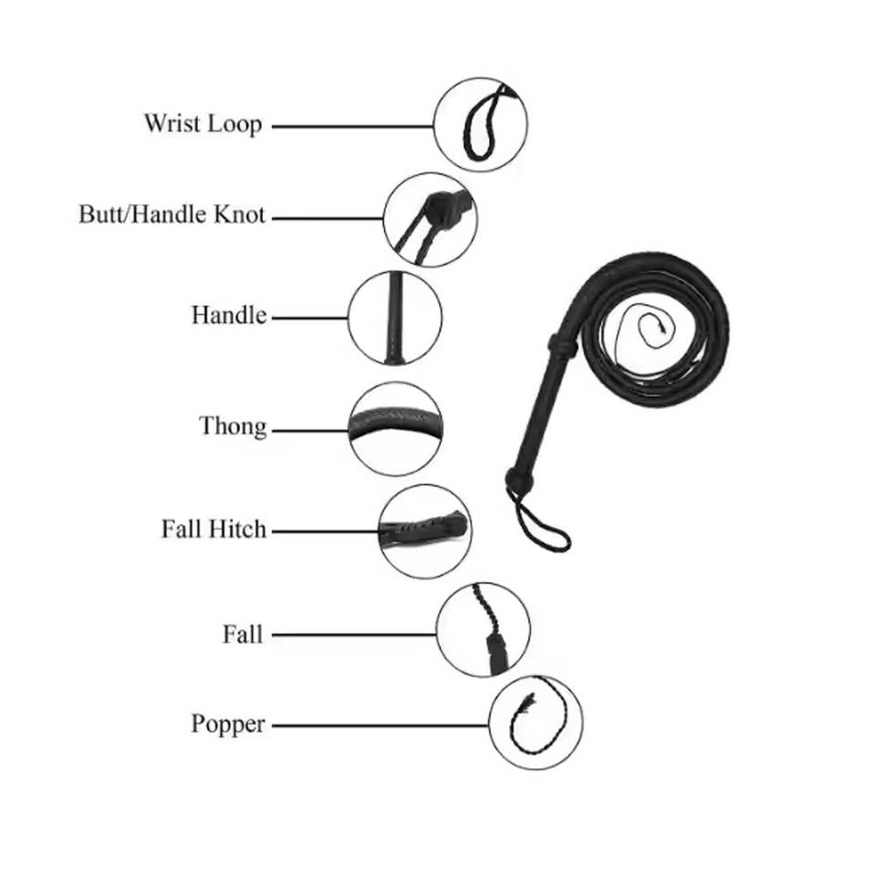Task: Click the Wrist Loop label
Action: [203, 123]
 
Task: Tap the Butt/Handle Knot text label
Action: [172, 215]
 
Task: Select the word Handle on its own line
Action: [228, 316]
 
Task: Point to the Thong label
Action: [233, 426]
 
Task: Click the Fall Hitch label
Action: [214, 529]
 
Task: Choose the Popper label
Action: [228, 725]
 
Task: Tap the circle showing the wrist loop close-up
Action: [480, 124]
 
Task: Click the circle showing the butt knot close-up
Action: [430, 219]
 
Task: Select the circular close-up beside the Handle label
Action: [395, 318]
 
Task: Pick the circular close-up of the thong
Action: [395, 428]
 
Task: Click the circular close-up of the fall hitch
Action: [424, 530]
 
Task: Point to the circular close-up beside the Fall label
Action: [483, 630]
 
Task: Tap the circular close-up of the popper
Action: [536, 723]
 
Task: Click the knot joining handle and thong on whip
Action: [561, 347]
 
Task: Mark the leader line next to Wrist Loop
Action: [352, 126]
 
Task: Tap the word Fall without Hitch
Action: [243, 633]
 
